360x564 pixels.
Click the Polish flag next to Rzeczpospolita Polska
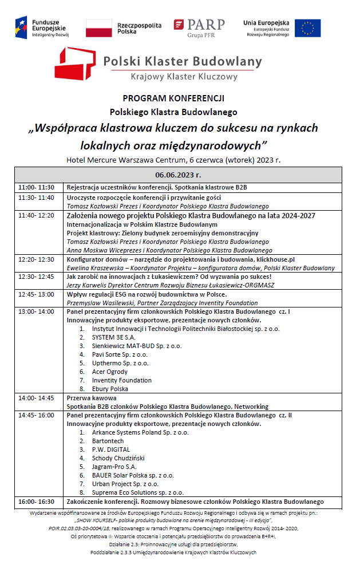[98, 27]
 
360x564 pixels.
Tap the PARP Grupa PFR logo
[199, 27]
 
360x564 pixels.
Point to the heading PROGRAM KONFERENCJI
[173, 98]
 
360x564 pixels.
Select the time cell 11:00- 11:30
[36, 187]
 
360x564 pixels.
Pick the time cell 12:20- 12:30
[36, 259]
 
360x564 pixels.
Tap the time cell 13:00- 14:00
[36, 311]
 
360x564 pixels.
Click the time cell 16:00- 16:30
[36, 501]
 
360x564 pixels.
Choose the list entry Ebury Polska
[110, 389]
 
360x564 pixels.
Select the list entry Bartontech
[108, 441]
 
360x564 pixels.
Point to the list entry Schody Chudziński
[118, 458]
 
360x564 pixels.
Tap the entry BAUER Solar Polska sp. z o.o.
[133, 475]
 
